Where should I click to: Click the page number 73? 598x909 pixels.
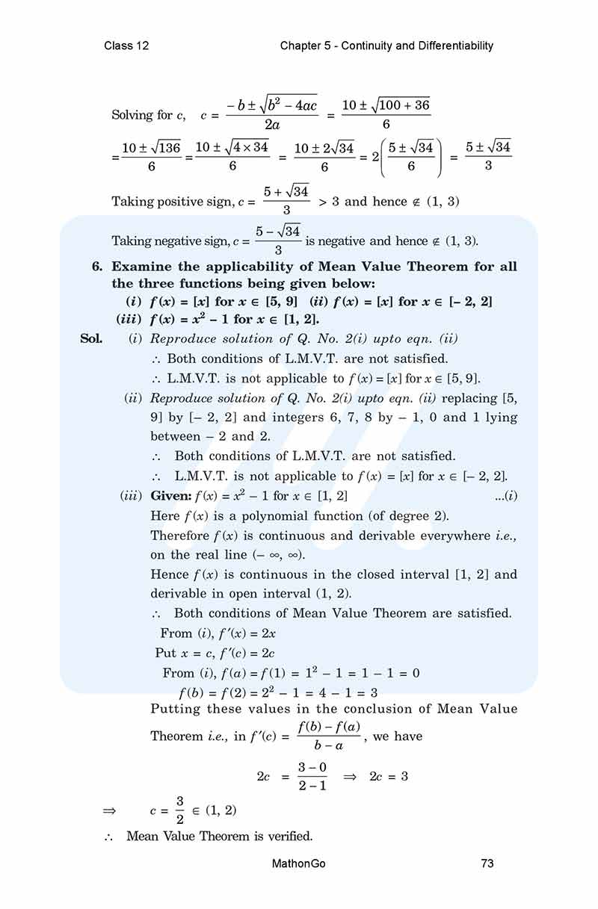click(487, 864)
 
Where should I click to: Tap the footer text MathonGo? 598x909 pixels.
click(299, 864)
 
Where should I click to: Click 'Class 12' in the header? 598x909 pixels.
click(126, 46)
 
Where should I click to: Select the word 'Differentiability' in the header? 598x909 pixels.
click(454, 46)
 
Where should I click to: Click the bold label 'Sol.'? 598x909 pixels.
click(92, 339)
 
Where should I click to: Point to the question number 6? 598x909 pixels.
click(96, 267)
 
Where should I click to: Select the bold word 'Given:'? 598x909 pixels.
click(171, 496)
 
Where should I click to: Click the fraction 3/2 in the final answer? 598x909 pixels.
click(179, 810)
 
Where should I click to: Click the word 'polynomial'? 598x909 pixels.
click(287, 515)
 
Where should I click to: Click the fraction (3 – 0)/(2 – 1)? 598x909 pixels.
click(312, 776)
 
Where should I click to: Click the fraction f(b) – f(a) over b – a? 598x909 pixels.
click(329, 736)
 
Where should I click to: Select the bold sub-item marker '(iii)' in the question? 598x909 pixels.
click(131, 319)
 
